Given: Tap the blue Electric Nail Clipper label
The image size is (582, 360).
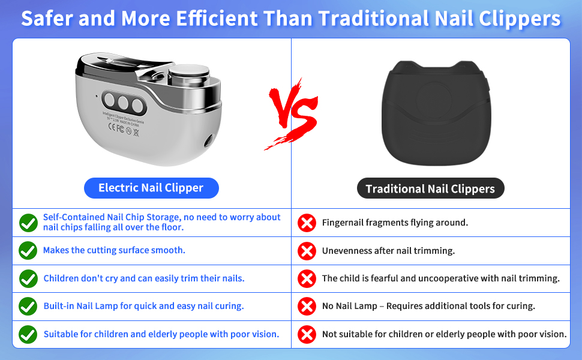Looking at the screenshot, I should (151, 188).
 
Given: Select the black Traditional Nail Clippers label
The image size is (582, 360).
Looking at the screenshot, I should (430, 188).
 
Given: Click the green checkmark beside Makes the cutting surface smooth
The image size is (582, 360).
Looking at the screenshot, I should (28, 250).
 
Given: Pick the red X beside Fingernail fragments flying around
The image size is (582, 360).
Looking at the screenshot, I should (307, 223).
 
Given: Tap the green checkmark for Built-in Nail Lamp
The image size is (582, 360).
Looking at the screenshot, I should (28, 306).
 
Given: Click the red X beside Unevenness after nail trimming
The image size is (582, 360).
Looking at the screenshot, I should (307, 251).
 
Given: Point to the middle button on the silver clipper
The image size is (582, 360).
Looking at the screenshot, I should (124, 101).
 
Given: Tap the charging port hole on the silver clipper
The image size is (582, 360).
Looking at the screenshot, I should (208, 141).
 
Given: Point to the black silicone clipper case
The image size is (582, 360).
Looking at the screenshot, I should (434, 111).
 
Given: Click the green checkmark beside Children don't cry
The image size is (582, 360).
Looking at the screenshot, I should (28, 278).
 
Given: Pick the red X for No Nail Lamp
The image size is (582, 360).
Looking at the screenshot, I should (307, 306).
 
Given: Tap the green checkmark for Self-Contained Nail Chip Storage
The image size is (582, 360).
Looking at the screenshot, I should (28, 223).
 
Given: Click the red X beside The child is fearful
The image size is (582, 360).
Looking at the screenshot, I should (307, 278).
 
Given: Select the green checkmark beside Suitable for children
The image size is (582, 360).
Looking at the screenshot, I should (28, 334).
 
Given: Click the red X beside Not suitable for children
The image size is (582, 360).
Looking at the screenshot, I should (307, 334).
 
